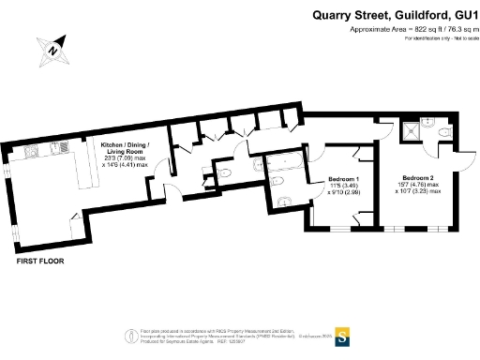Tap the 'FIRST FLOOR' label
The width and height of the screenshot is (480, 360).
(x=39, y=263)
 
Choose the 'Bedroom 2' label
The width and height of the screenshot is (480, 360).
(x=419, y=178)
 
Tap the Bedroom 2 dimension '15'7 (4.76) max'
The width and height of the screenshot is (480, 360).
(x=419, y=186)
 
